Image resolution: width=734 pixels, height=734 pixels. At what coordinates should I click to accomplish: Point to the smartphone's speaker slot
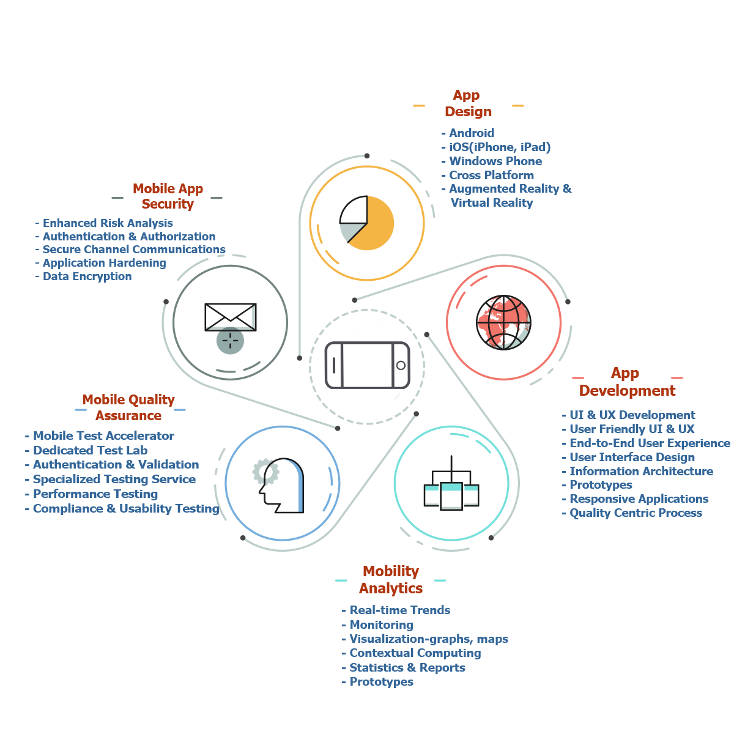[334, 365]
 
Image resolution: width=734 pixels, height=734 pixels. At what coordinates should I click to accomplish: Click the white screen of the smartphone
[366, 365]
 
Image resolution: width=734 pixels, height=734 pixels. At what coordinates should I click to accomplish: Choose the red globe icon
[503, 322]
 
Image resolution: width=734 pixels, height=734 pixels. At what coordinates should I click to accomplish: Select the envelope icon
[230, 316]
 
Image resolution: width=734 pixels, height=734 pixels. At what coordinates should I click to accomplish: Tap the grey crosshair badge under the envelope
[230, 341]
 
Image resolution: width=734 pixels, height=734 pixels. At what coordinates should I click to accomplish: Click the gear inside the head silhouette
[266, 472]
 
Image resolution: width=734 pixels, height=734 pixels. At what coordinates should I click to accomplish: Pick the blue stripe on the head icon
[299, 483]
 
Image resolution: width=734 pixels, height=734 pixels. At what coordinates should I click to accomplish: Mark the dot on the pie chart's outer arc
[367, 156]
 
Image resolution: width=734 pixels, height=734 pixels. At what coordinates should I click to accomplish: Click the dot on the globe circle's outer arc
[568, 302]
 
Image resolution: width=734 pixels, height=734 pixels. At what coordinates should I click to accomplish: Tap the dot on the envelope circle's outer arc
[166, 302]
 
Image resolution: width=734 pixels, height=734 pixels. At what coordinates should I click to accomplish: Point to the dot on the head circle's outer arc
[243, 538]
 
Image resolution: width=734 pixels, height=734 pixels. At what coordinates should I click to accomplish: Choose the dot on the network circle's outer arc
[491, 538]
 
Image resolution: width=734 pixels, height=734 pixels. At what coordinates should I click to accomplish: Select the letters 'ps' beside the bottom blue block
[503, 639]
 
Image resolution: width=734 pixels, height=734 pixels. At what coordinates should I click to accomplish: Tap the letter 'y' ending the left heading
[171, 401]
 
